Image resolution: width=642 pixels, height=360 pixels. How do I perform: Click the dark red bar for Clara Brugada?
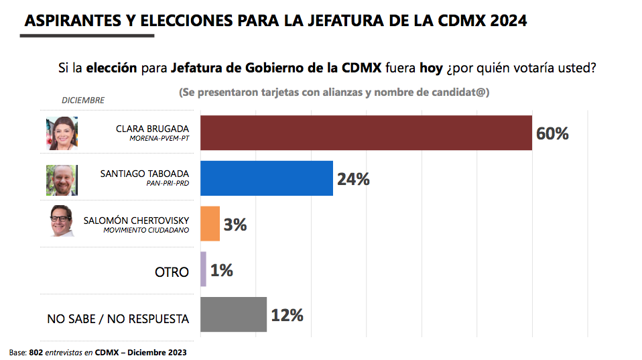click(366, 133)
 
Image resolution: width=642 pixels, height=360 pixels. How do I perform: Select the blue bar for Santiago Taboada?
click(267, 178)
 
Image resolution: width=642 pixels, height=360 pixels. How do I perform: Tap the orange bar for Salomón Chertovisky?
click(210, 223)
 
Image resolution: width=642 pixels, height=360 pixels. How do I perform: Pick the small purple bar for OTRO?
click(203, 269)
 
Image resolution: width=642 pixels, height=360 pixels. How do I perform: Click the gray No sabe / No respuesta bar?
click(233, 314)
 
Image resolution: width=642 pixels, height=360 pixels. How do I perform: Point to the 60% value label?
click(552, 133)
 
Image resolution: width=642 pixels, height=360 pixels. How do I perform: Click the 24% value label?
click(353, 179)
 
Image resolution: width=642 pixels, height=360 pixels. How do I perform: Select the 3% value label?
click(235, 225)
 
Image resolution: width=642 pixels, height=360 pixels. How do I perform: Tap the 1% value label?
click(221, 270)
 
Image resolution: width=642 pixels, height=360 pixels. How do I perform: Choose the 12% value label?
click(287, 315)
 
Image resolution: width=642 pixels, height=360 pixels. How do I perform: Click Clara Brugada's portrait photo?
click(62, 133)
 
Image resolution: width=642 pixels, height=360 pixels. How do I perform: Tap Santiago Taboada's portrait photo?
click(62, 179)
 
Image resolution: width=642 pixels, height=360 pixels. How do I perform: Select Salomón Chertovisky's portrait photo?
click(62, 221)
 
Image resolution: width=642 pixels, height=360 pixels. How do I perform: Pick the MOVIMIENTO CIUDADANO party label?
click(146, 230)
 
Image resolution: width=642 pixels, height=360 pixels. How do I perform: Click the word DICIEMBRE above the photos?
click(83, 101)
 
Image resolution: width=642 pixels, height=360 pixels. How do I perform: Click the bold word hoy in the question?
click(430, 68)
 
